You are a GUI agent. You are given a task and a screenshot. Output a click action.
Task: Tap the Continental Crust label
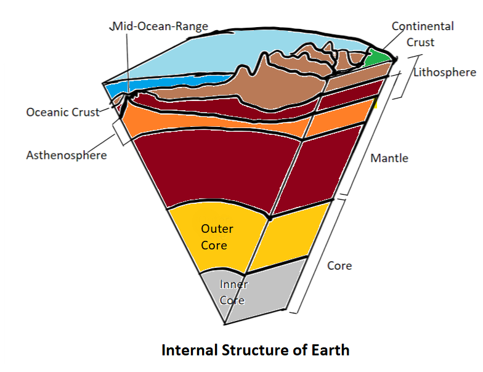[x=423, y=34]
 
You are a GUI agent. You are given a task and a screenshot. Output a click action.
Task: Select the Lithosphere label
[x=445, y=72]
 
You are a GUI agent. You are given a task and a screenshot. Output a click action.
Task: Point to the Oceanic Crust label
[x=62, y=113]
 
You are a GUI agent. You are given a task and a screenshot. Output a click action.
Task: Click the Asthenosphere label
[x=66, y=155]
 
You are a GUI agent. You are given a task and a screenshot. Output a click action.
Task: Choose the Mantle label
[x=389, y=158]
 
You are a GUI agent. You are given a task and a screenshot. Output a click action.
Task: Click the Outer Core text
[x=217, y=237]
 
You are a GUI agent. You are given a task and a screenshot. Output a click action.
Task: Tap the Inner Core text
[x=233, y=292]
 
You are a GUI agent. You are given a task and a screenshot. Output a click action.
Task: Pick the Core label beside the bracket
[x=339, y=266]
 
